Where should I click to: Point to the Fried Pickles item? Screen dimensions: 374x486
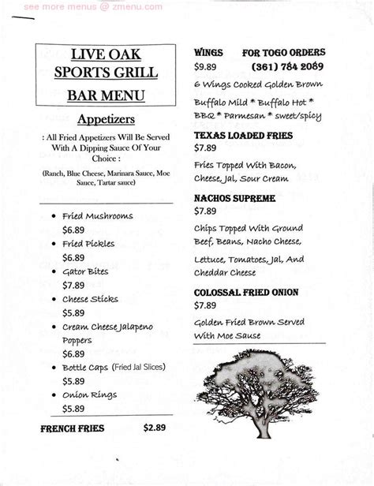tap(88, 243)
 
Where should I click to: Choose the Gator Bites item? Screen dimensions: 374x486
tap(85, 271)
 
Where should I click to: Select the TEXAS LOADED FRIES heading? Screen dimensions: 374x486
tap(244, 136)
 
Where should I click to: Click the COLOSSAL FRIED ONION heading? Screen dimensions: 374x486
tap(246, 292)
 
